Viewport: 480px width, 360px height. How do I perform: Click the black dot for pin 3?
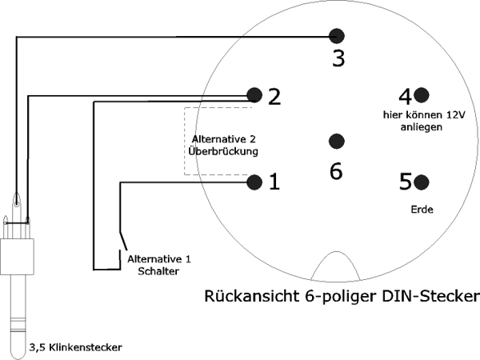(x=337, y=35)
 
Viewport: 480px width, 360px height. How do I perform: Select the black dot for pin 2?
(x=254, y=95)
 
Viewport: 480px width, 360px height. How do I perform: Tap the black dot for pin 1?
(x=254, y=182)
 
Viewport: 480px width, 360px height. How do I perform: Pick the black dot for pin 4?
(x=422, y=95)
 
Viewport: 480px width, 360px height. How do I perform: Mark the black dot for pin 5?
(x=422, y=182)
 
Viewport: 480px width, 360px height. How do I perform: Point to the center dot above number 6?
(x=336, y=141)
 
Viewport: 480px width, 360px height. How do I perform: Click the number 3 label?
(x=338, y=58)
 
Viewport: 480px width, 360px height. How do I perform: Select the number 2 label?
(x=274, y=97)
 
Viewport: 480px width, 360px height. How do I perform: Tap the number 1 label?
(x=274, y=183)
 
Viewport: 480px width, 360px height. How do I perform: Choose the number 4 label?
(x=404, y=96)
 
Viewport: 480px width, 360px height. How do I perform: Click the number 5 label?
(x=405, y=182)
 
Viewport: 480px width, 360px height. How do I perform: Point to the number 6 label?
(x=336, y=170)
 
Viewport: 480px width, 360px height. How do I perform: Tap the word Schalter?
(x=157, y=270)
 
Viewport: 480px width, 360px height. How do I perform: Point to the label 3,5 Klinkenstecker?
(x=76, y=347)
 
